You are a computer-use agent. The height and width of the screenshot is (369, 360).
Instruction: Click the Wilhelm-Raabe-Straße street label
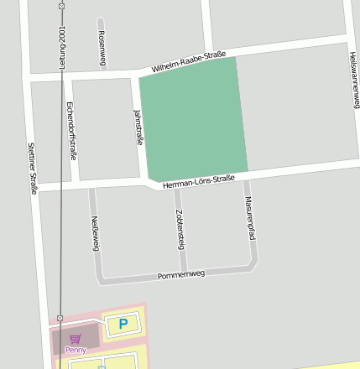[189, 62]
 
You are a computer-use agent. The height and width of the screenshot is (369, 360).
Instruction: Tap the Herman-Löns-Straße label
[198, 179]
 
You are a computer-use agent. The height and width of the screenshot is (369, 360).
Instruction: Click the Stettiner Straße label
[34, 168]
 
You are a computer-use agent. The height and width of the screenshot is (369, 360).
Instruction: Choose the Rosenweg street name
[102, 48]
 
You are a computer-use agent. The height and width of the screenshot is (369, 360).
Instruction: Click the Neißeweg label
[94, 231]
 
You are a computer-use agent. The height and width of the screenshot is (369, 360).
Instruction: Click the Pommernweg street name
[181, 275]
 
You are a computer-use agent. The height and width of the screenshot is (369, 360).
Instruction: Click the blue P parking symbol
[123, 324]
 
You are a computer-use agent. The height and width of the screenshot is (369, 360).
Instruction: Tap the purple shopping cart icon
[76, 340]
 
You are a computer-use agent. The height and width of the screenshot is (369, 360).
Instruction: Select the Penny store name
[76, 349]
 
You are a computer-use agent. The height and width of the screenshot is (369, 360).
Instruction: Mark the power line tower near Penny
[60, 319]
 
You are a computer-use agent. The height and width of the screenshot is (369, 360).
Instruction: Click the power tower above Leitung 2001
[61, 6]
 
